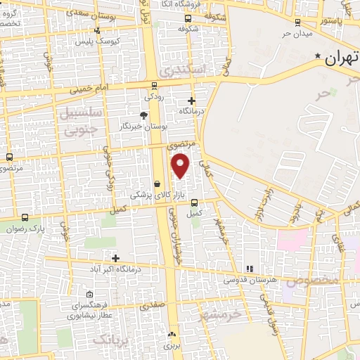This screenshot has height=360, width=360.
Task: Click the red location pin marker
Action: (x=181, y=165)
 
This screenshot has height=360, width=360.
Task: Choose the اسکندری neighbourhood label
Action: (x=184, y=71)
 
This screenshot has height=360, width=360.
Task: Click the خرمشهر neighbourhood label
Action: (x=221, y=313)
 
